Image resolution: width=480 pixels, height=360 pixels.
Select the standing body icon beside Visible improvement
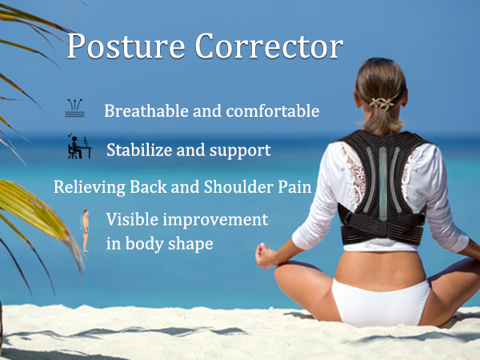click(x=85, y=229)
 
